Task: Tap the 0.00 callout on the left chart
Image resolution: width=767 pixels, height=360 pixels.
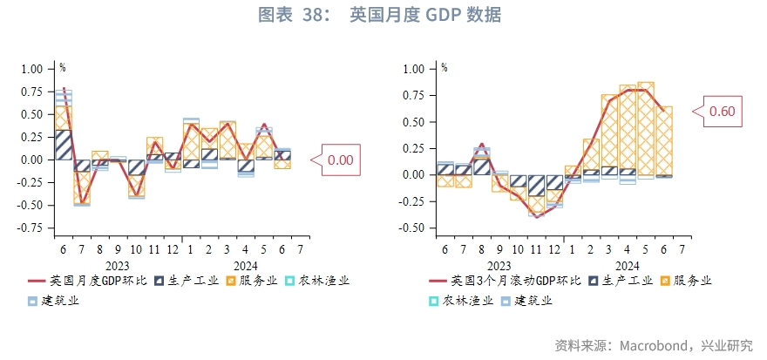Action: (x=340, y=160)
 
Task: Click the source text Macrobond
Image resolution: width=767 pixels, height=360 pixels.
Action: (x=653, y=346)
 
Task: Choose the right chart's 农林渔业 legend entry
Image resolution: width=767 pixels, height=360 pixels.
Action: (x=465, y=301)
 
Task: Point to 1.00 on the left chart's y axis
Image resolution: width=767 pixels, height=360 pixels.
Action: (x=31, y=68)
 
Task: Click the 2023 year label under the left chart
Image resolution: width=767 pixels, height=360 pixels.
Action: (x=118, y=266)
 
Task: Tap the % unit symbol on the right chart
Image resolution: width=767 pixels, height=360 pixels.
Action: (x=445, y=67)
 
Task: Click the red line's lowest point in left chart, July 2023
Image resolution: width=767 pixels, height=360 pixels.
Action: (x=82, y=203)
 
